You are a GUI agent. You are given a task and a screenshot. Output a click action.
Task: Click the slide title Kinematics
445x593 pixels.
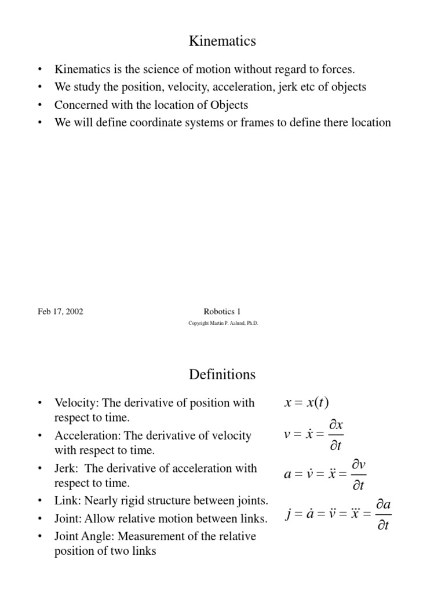(x=222, y=41)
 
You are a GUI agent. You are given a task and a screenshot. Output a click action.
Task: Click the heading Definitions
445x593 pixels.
(x=222, y=375)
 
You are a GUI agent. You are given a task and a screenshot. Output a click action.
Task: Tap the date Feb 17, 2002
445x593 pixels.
(x=60, y=312)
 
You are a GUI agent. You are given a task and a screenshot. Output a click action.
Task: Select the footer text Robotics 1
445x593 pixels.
(x=222, y=312)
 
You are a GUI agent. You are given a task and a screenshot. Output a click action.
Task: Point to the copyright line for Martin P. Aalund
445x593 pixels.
(x=223, y=324)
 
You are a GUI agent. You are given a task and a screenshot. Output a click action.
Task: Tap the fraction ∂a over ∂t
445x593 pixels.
(x=383, y=514)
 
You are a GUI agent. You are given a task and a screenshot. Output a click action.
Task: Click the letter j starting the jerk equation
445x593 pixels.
(x=288, y=514)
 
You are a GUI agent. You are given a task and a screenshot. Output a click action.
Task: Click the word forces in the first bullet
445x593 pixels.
(x=337, y=69)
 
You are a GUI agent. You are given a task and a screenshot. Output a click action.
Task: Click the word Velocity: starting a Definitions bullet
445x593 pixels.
(x=76, y=402)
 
